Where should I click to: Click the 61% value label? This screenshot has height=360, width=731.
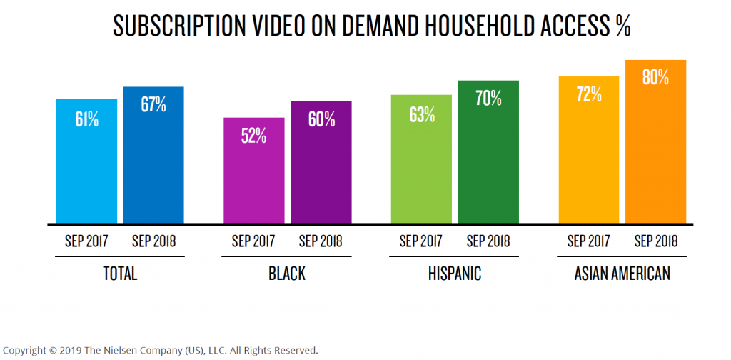(x=86, y=119)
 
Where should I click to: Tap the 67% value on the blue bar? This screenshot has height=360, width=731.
(x=153, y=105)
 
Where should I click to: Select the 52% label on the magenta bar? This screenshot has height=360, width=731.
(x=254, y=136)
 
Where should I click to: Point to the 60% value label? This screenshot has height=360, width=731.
(x=321, y=119)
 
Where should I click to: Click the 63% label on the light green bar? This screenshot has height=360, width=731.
(x=421, y=114)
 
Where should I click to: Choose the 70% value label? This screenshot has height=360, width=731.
(x=488, y=99)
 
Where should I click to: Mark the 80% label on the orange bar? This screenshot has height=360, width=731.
(x=655, y=78)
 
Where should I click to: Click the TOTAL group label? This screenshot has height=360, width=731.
(x=120, y=274)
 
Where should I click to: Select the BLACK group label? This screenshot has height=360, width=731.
(x=287, y=274)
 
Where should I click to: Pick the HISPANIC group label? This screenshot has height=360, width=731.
(x=455, y=274)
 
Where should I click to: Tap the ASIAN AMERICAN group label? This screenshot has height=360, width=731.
(x=622, y=274)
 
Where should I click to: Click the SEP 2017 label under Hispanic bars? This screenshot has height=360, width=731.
(x=421, y=241)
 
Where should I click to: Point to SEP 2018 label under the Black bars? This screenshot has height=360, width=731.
(x=321, y=241)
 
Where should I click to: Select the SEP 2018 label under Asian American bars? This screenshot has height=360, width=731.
(x=655, y=241)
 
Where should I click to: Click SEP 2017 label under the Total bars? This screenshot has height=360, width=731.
(x=86, y=241)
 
